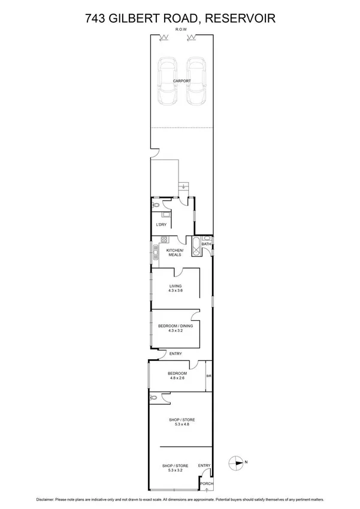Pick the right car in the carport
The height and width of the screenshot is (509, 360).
tap(195, 81)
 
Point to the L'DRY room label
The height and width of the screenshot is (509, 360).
tap(161, 224)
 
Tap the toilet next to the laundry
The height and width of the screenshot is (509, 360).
tap(156, 206)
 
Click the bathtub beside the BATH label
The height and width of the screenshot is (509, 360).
tap(195, 248)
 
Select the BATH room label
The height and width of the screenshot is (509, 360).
tap(206, 244)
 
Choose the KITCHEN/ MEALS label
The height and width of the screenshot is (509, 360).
tap(174, 252)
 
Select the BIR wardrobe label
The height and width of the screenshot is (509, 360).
tap(209, 376)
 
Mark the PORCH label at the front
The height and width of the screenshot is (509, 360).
tap(205, 483)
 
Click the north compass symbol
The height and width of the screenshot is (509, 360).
tap(236, 462)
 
